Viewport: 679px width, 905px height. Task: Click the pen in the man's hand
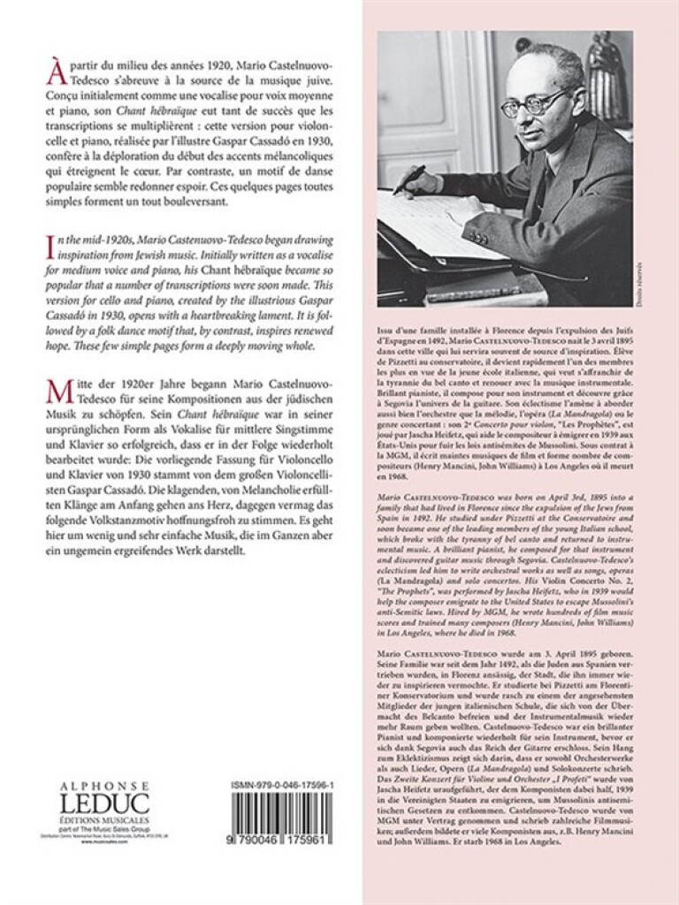(x=409, y=179)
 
